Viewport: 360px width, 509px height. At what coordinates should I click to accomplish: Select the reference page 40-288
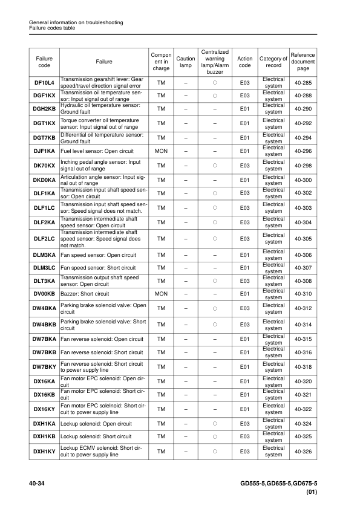(303, 96)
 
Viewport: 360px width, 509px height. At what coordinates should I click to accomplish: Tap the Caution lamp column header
(186, 62)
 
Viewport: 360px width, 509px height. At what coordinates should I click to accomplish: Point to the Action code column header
(245, 62)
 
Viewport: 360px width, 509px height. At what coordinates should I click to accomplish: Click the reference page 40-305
(303, 239)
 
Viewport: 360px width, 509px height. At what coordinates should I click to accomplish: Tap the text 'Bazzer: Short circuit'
(85, 294)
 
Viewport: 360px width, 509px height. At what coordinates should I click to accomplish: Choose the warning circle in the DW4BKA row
(215, 309)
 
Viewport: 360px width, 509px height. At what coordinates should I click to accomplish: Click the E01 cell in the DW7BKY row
(245, 367)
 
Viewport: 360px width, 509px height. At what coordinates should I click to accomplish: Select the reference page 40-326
(303, 452)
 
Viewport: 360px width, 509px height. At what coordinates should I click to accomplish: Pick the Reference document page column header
(303, 62)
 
